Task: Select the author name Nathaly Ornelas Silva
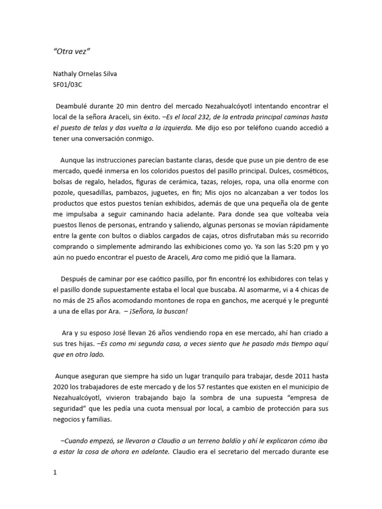point(85,74)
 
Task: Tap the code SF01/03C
point(68,85)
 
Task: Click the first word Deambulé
point(74,106)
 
